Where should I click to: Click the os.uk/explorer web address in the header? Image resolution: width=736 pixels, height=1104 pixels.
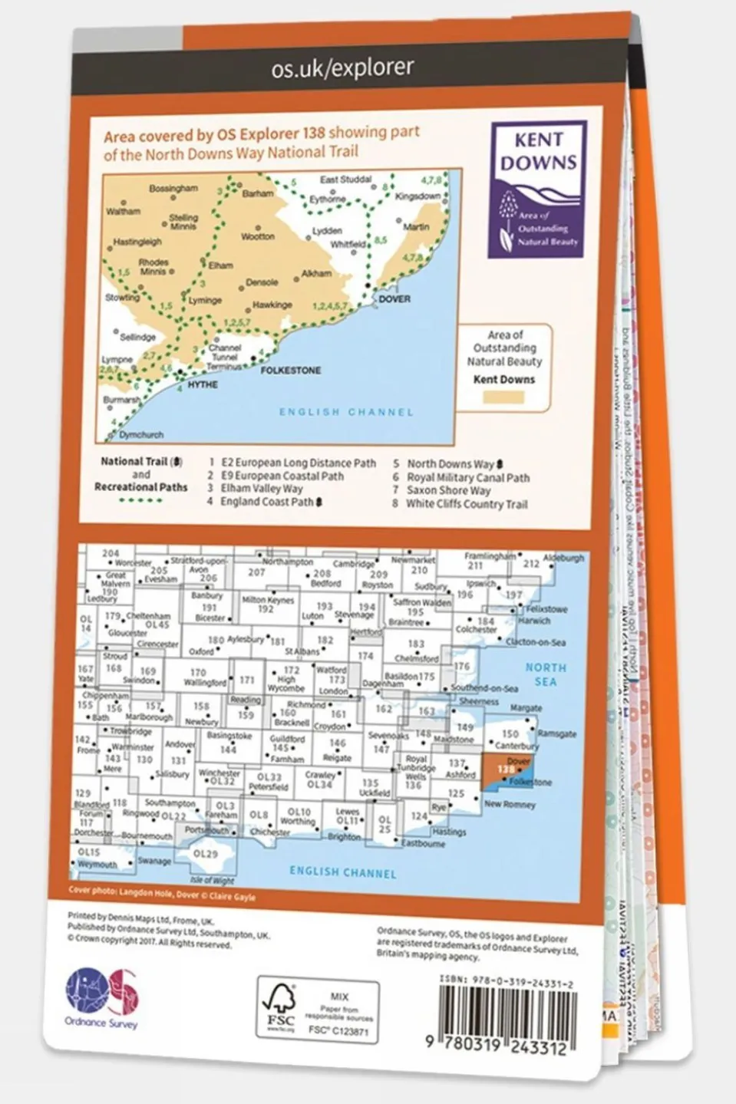click(342, 69)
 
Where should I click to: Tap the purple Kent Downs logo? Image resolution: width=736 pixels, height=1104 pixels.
click(539, 189)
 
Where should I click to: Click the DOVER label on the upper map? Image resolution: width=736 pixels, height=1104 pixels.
click(394, 298)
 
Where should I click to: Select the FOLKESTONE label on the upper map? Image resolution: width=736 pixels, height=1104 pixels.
click(291, 370)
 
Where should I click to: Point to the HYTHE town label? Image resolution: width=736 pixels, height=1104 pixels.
click(203, 384)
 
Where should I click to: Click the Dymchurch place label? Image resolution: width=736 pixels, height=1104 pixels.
click(141, 435)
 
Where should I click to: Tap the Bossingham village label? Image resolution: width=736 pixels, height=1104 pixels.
click(173, 188)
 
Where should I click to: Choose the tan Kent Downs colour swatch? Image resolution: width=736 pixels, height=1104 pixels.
click(504, 397)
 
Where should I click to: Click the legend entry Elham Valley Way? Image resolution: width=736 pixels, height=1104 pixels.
click(262, 489)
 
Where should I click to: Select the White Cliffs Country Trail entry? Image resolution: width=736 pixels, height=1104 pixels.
click(467, 504)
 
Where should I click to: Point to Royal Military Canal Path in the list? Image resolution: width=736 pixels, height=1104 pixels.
click(468, 477)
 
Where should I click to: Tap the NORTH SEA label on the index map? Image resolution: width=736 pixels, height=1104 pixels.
click(546, 674)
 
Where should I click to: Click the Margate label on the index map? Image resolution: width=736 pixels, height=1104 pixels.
click(526, 708)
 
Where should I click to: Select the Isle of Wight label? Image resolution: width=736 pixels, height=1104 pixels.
click(212, 880)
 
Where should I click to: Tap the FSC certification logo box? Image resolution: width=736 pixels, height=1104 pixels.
click(318, 1010)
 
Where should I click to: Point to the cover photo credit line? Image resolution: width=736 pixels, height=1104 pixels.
click(162, 894)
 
